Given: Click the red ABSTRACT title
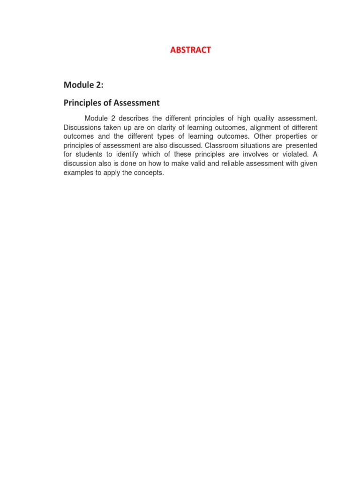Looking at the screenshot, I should (x=190, y=50).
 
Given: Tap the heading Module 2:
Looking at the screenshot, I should (x=83, y=85).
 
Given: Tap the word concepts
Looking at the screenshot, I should (x=149, y=172).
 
